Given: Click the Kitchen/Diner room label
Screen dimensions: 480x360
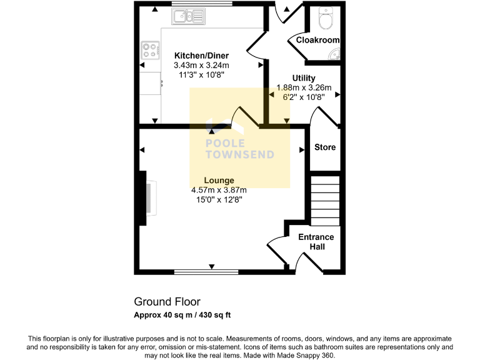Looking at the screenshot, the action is (201, 56).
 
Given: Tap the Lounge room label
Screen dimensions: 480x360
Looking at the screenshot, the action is (219, 181).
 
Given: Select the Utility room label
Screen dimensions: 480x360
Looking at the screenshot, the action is (304, 78).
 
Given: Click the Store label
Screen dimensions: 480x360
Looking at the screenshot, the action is (325, 147).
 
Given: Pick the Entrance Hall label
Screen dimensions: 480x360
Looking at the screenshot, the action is (316, 242).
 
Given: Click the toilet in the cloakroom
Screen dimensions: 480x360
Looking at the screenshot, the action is (326, 20).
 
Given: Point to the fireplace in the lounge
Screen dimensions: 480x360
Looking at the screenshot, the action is (147, 197).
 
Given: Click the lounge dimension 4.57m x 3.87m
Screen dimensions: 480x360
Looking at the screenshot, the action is (219, 191).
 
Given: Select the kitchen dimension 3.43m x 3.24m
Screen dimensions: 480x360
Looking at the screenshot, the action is (201, 65).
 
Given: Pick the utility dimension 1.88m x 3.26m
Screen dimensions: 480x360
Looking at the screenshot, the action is (304, 87).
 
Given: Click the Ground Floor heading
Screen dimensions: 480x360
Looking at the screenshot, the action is (167, 302).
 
